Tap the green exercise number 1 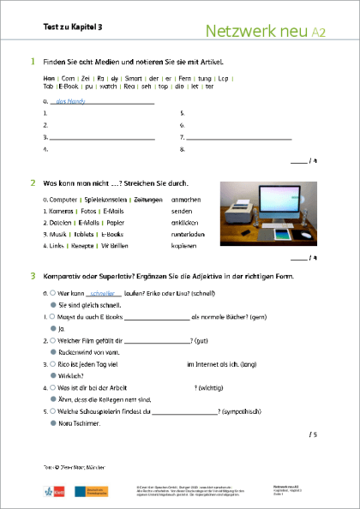click(x=33, y=62)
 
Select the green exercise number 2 click(x=33, y=183)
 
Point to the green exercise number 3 click(x=33, y=275)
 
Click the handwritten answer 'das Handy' click(x=69, y=100)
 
